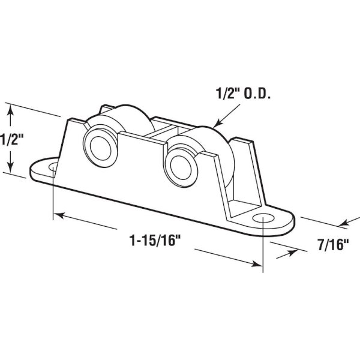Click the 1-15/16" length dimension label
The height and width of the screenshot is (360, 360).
pyautogui.click(x=155, y=241)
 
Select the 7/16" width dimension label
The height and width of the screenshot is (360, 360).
pyautogui.click(x=333, y=245)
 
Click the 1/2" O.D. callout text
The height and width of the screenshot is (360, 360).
pyautogui.click(x=243, y=94)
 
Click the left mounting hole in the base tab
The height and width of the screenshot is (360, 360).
pyautogui.click(x=53, y=166)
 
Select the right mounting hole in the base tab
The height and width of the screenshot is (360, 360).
pyautogui.click(x=263, y=218)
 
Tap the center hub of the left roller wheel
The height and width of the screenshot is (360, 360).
pyautogui.click(x=101, y=148)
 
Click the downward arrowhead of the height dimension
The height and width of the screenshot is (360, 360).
pyautogui.click(x=10, y=167)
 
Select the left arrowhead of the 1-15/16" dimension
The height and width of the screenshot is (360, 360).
pyautogui.click(x=59, y=215)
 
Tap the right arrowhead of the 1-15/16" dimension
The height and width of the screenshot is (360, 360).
pyautogui.click(x=257, y=264)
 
